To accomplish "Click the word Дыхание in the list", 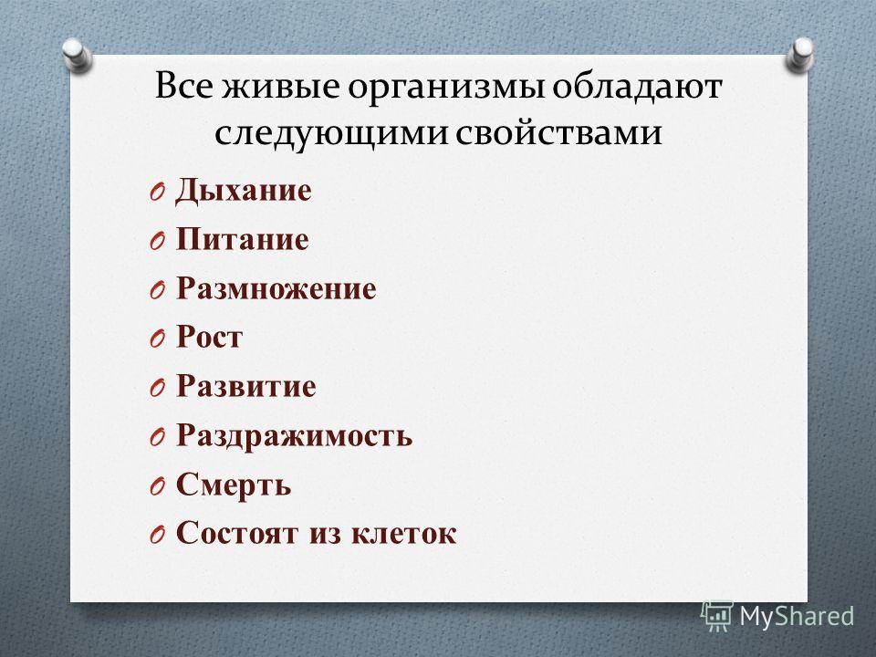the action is click(x=243, y=192).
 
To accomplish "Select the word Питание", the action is click(x=243, y=239).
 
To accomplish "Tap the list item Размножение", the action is click(x=276, y=289).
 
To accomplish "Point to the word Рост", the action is click(x=210, y=338).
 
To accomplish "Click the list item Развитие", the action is click(x=245, y=386).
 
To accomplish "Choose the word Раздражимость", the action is click(x=294, y=435).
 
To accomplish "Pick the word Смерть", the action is click(x=234, y=485).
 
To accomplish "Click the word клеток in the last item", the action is click(x=404, y=533).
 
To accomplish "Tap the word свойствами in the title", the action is click(x=558, y=133).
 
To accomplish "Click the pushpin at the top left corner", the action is click(x=77, y=56).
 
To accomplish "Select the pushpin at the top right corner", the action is click(x=800, y=56).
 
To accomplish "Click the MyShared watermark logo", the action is click(x=777, y=617).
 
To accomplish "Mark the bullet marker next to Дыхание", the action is click(x=157, y=193).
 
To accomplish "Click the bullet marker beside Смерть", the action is click(x=157, y=486).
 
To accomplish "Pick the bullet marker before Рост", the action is click(x=157, y=339).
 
